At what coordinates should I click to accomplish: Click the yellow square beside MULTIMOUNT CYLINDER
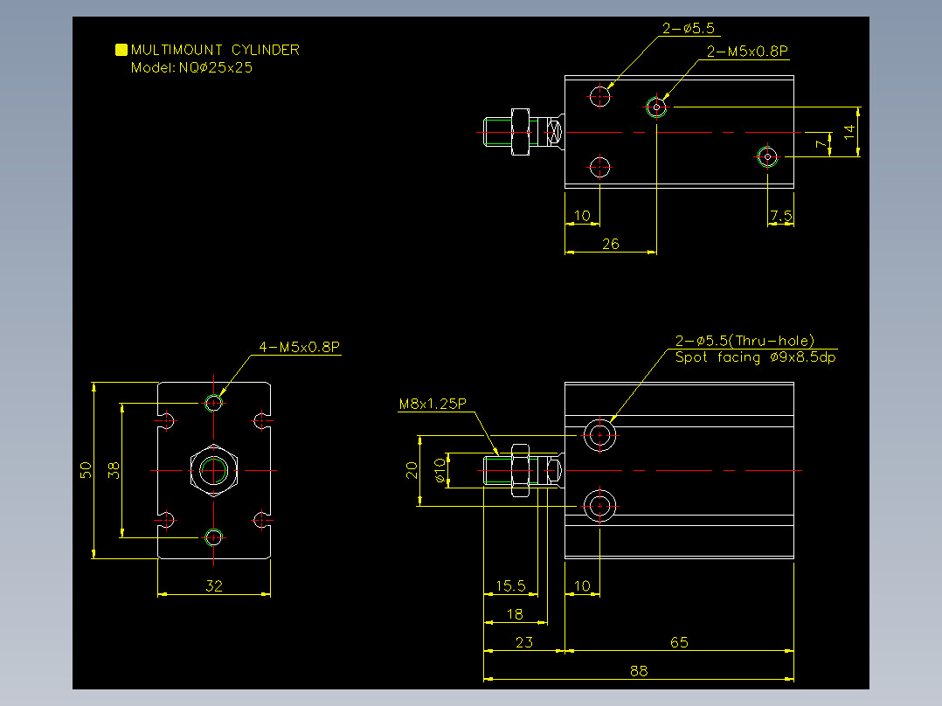(121, 49)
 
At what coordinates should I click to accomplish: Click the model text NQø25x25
(216, 68)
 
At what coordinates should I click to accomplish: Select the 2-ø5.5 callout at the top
(689, 28)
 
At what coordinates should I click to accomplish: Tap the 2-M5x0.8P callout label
(747, 52)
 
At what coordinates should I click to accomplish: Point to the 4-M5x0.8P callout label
(299, 347)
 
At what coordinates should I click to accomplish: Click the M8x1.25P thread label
(433, 404)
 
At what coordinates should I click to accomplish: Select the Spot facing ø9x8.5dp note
(755, 357)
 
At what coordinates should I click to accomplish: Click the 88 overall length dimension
(639, 671)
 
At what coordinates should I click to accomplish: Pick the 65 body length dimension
(679, 642)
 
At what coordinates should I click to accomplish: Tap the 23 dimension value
(524, 642)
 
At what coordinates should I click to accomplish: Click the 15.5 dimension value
(510, 585)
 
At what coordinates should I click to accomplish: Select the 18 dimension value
(515, 614)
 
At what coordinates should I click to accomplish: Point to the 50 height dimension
(86, 470)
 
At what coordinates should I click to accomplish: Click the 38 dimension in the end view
(114, 470)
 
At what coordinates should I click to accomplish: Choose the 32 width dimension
(214, 585)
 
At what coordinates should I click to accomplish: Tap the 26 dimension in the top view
(610, 244)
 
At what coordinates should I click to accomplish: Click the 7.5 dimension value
(781, 216)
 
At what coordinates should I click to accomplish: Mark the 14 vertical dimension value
(848, 132)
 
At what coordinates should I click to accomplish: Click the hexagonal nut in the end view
(214, 470)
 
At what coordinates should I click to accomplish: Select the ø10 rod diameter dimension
(440, 470)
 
